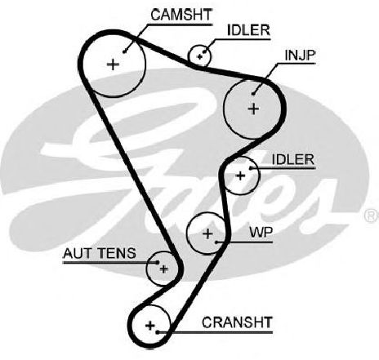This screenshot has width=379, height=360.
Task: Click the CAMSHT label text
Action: pyautogui.click(x=181, y=15)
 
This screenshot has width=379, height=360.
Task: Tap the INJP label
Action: pyautogui.click(x=300, y=56)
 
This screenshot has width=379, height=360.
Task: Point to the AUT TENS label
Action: pyautogui.click(x=100, y=253)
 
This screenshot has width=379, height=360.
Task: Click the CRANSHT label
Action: pyautogui.click(x=237, y=322)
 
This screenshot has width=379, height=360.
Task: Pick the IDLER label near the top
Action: pyautogui.click(x=248, y=30)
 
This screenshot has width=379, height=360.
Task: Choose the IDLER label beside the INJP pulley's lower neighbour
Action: pyautogui.click(x=293, y=159)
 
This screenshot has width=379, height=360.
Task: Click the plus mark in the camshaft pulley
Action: pyautogui.click(x=113, y=64)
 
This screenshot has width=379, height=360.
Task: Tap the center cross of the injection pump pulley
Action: pyautogui.click(x=254, y=109)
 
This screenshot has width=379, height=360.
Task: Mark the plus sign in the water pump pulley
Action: pyautogui.click(x=207, y=233)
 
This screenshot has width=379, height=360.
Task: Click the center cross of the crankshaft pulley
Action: pyautogui.click(x=150, y=326)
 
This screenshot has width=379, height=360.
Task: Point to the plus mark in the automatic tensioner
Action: pyautogui.click(x=163, y=269)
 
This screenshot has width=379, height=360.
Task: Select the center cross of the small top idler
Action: pyautogui.click(x=200, y=56)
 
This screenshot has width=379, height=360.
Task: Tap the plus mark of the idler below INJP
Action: pyautogui.click(x=240, y=176)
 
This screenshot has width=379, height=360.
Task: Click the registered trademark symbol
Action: pyautogui.click(x=372, y=216)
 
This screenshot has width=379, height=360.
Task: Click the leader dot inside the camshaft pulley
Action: pyautogui.click(x=124, y=51)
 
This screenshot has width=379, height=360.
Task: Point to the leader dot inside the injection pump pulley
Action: pyautogui.click(x=253, y=94)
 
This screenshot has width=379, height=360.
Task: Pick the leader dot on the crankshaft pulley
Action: pyautogui.click(x=158, y=332)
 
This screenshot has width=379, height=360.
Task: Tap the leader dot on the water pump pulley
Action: pyautogui.click(x=216, y=242)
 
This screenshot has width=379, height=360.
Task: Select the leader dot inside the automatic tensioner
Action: pyautogui.click(x=158, y=262)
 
